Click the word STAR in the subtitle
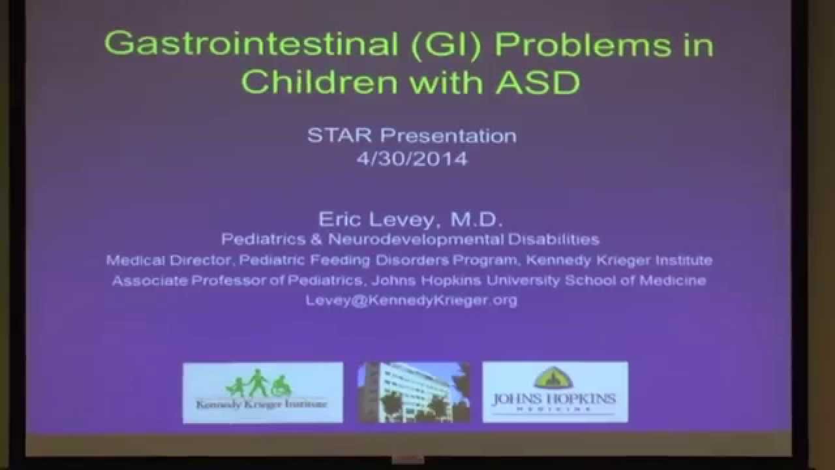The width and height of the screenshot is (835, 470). click(341, 135)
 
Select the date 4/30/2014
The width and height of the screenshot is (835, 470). click(412, 159)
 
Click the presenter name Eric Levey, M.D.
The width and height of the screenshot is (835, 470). click(412, 219)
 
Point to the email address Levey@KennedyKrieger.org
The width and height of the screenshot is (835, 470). click(412, 300)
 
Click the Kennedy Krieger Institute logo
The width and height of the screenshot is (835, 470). click(262, 392)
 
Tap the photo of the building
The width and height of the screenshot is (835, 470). click(414, 392)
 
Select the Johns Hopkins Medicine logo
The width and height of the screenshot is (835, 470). click(554, 392)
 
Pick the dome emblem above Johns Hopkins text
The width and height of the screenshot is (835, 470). click(554, 377)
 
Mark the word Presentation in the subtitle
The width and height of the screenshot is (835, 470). click(449, 135)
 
